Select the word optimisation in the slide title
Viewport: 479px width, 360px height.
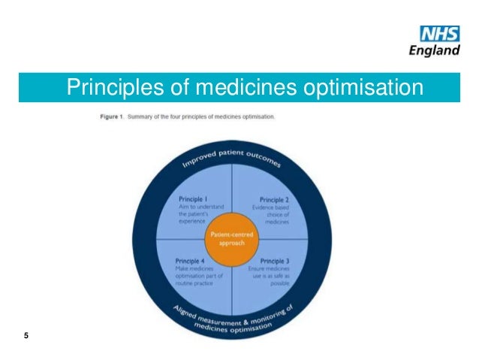point(363,87)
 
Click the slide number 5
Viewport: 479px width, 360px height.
point(26,335)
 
